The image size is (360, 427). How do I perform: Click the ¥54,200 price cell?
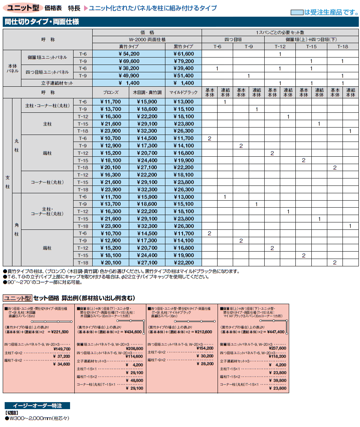tap(128, 54)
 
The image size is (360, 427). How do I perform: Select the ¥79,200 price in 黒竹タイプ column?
tap(183, 61)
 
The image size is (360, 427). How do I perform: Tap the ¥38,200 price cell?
tap(128, 68)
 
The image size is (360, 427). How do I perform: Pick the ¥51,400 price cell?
tap(183, 76)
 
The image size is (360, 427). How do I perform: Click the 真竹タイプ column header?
tap(128, 47)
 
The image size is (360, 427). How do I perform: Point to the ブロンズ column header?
tap(111, 93)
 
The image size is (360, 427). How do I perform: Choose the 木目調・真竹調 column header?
tap(147, 93)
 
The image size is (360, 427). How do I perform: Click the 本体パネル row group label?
tap(12, 68)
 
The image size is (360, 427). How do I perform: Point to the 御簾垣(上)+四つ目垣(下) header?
tap(311, 40)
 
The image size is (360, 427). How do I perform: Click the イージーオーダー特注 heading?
tap(37, 406)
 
